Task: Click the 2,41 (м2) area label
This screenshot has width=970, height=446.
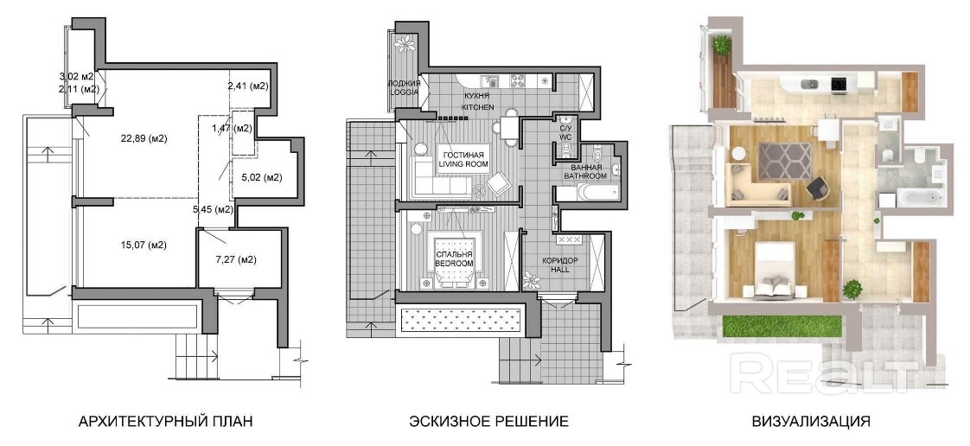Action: coord(247,86)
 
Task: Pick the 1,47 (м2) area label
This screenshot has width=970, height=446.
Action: coord(232,129)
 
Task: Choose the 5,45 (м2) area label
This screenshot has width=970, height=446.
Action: coord(213,209)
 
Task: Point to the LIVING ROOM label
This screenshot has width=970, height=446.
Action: coord(463,164)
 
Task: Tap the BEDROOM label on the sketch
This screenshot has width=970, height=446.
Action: coord(454,264)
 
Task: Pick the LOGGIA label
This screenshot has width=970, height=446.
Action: coord(404,92)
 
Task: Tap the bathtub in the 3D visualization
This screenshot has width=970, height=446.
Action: coord(920,199)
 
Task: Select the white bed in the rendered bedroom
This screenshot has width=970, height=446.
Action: coord(773,270)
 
